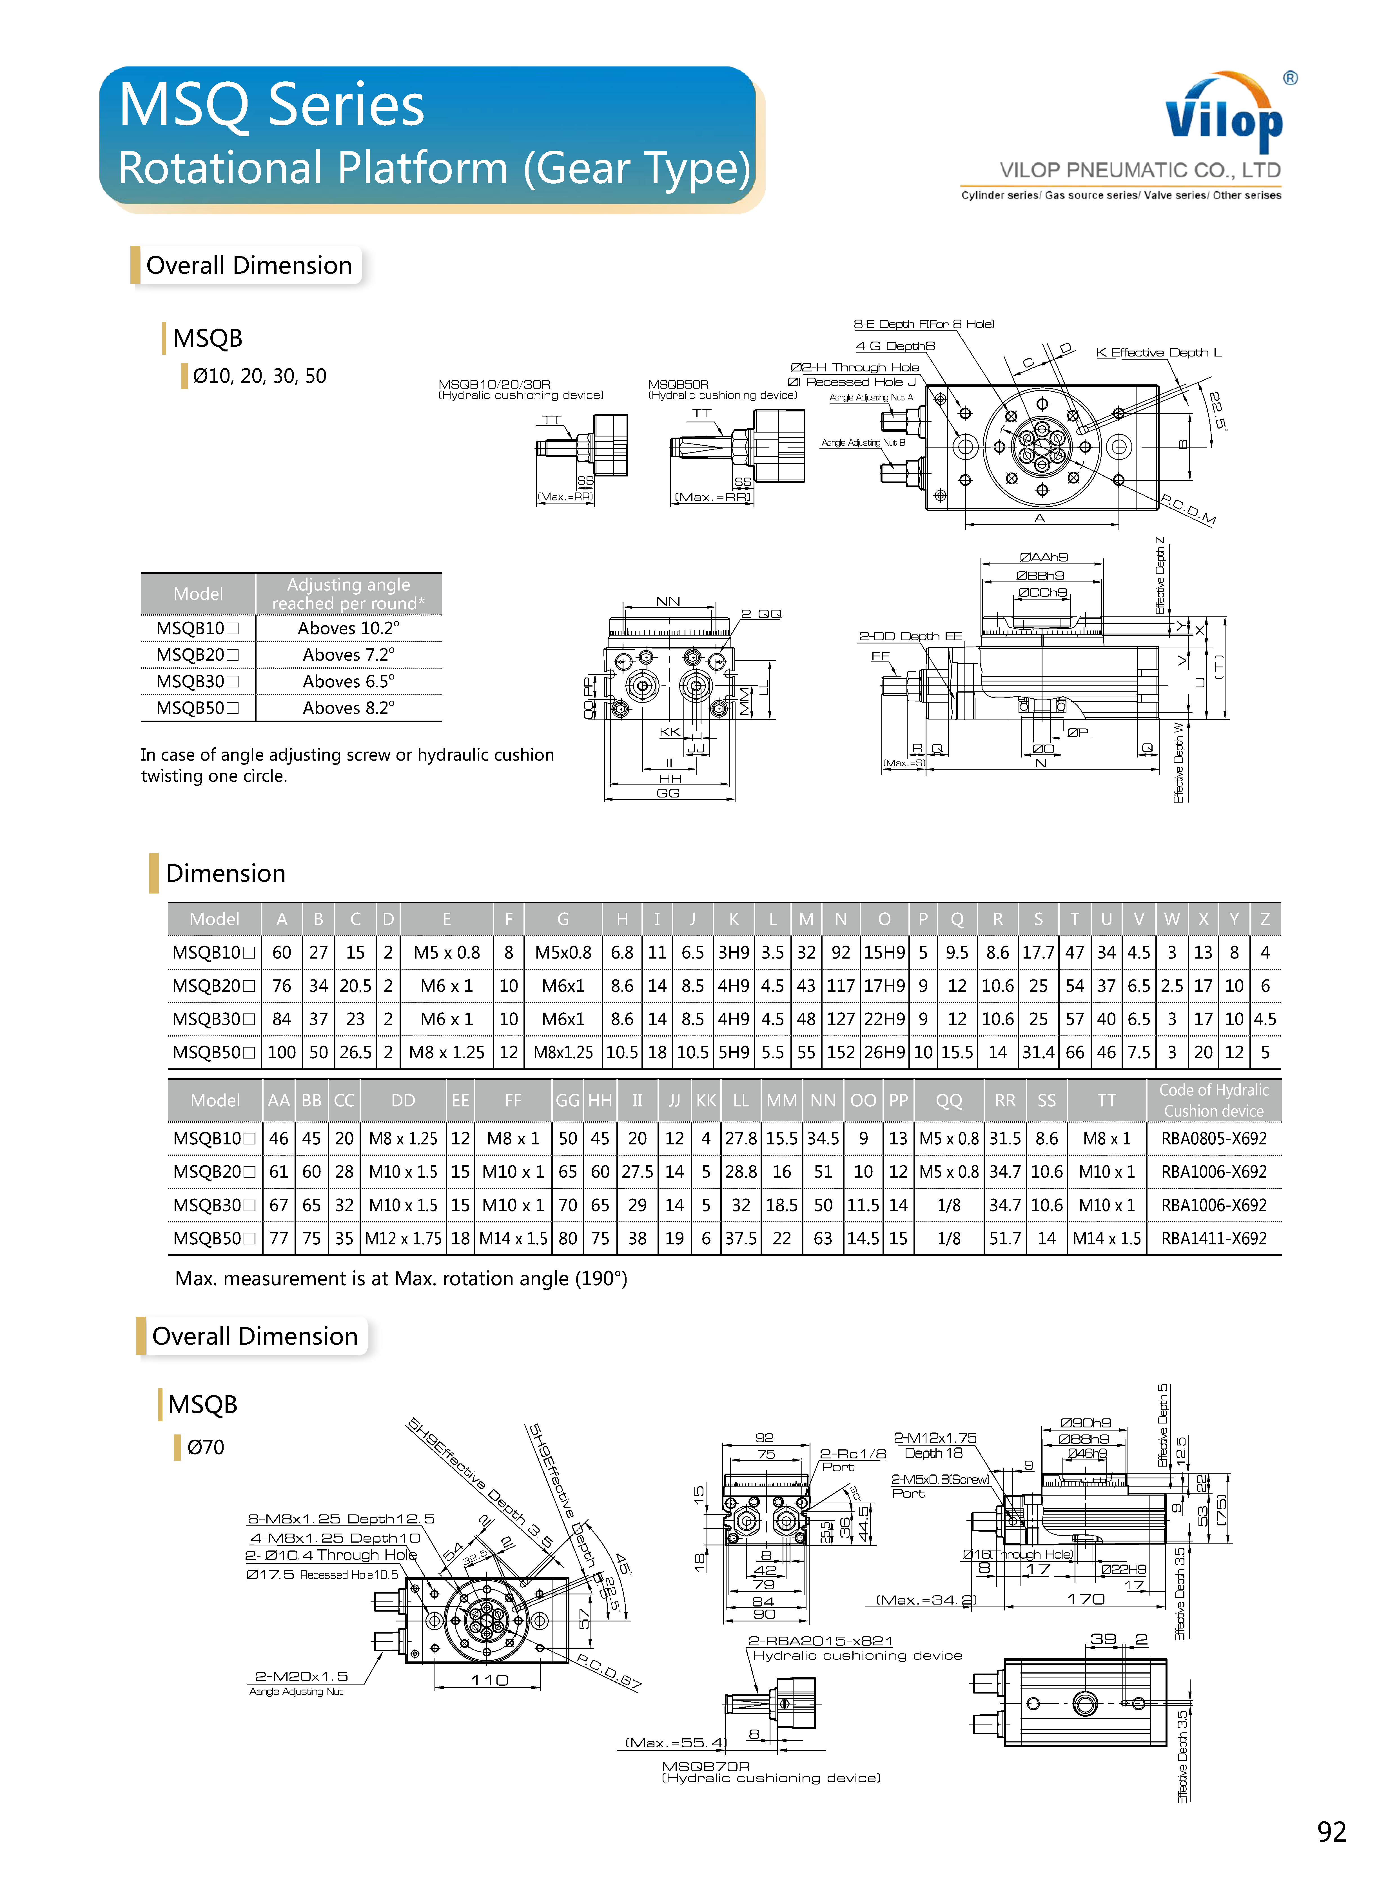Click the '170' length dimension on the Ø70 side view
(x=1086, y=1598)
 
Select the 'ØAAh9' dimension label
(x=1044, y=556)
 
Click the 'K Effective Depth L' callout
(x=1158, y=353)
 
